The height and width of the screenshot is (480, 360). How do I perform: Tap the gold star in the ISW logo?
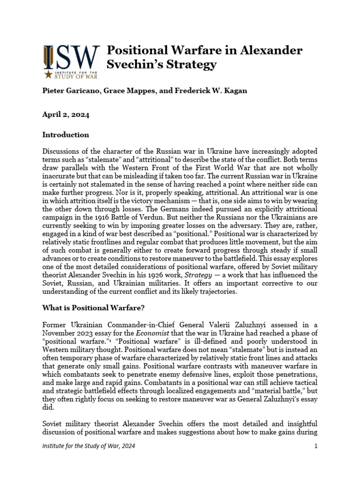tap(48, 74)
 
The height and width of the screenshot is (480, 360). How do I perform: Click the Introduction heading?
tap(66, 135)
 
